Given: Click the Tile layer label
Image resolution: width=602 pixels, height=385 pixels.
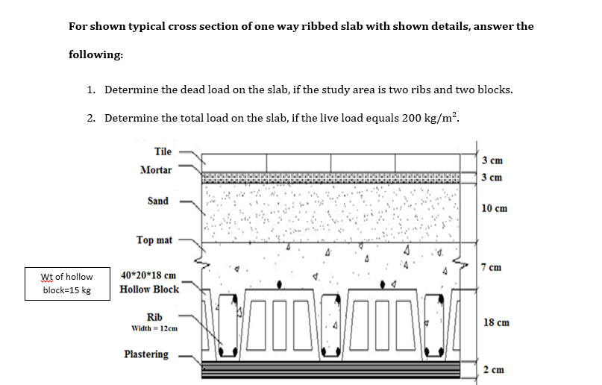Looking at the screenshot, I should [x=163, y=151].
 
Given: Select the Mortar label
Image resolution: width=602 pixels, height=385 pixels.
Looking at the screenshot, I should [x=155, y=170].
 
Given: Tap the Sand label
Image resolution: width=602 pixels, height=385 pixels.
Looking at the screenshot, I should [x=157, y=201].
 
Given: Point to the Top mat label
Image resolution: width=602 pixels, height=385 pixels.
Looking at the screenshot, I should [x=154, y=240].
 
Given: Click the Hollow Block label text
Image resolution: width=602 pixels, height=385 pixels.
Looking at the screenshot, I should [x=149, y=289].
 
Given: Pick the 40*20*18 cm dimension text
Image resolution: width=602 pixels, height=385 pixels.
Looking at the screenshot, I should [x=148, y=275].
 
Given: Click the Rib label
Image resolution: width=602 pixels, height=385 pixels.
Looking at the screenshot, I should [x=154, y=316].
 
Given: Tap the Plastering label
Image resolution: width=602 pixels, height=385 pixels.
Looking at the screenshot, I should [x=146, y=354].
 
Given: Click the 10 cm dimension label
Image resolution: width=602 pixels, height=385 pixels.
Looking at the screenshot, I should [x=495, y=208].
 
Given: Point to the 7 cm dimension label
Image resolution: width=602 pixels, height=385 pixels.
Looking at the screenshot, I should [x=492, y=267].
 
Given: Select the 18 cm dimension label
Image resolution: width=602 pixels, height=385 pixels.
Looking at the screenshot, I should [x=496, y=322].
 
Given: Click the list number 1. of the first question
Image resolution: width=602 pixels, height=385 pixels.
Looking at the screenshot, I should [x=90, y=90].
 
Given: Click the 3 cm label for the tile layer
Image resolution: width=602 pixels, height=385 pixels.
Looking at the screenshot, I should [x=492, y=160].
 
